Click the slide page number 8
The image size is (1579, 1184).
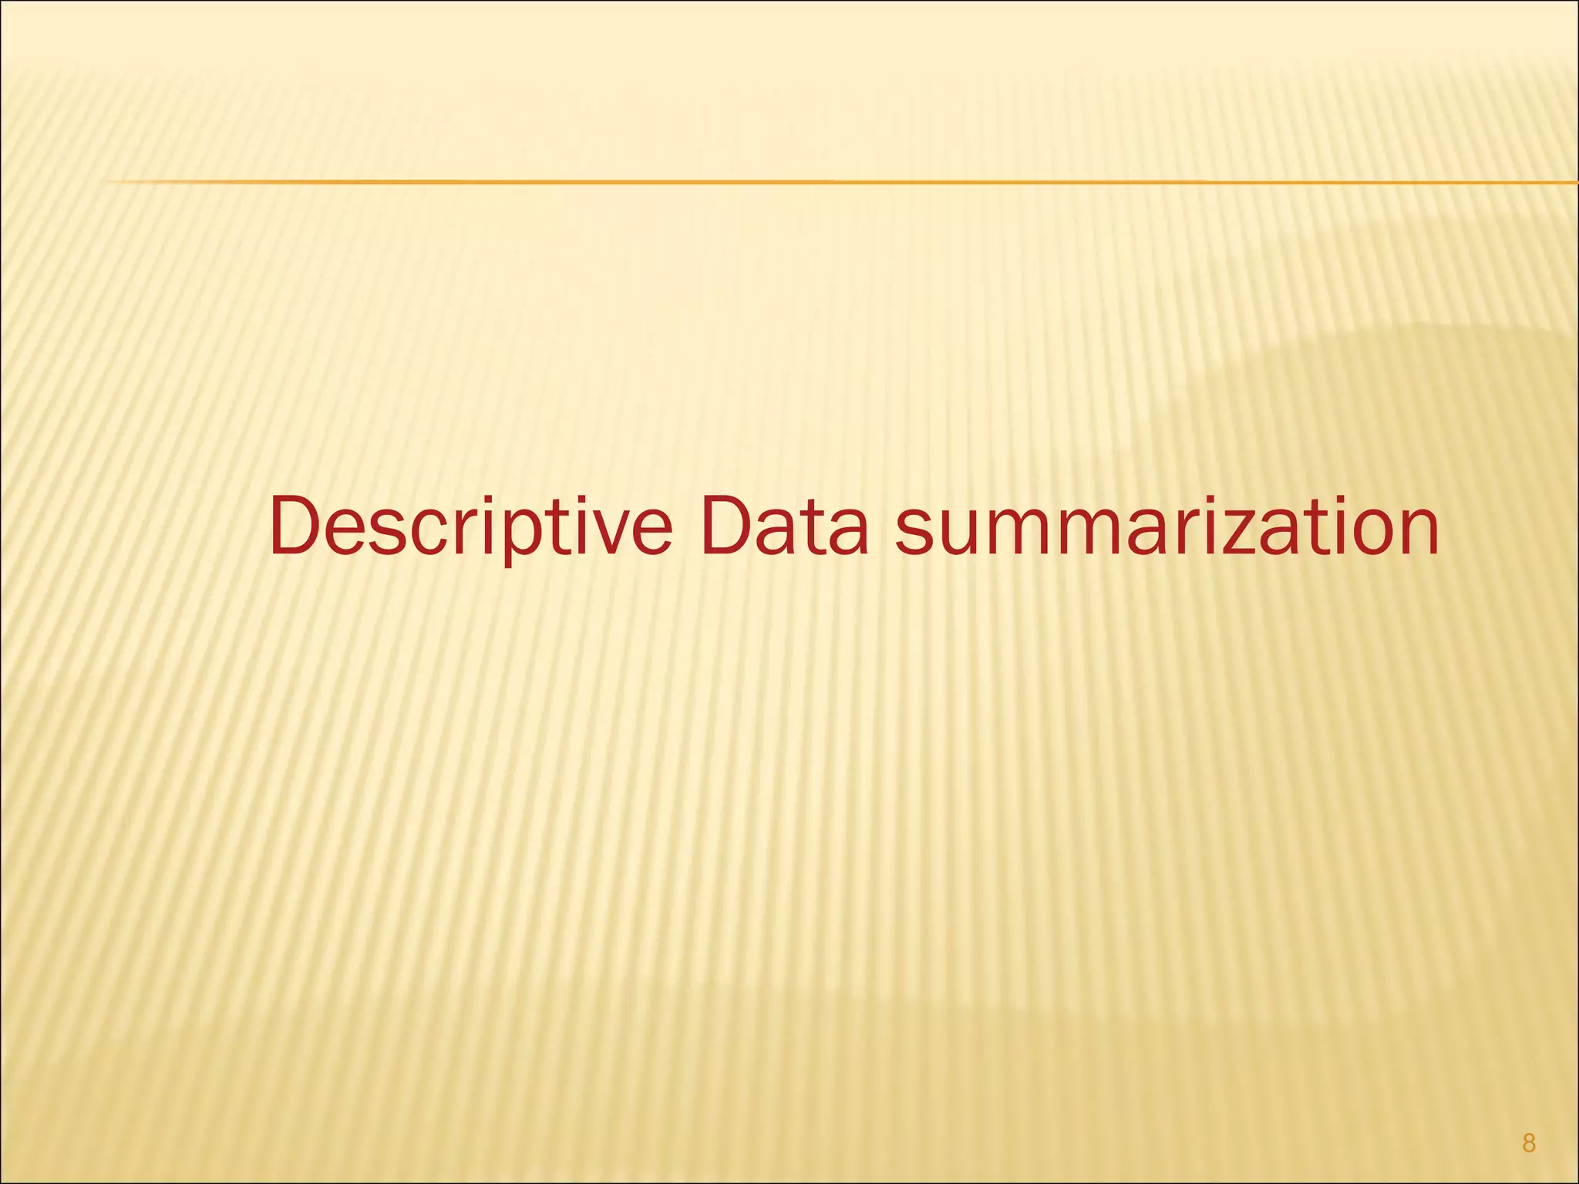[1529, 1144]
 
